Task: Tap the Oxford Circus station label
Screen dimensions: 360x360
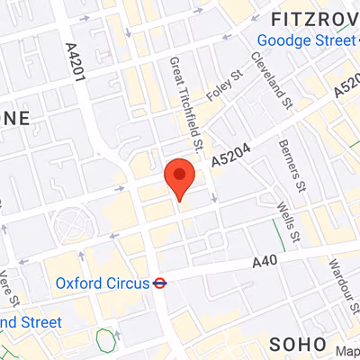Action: pyautogui.click(x=102, y=283)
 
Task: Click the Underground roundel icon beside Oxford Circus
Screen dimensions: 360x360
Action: pyautogui.click(x=159, y=283)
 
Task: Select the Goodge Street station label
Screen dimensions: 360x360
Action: pyautogui.click(x=307, y=40)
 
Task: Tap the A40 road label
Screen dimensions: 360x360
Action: pyautogui.click(x=264, y=262)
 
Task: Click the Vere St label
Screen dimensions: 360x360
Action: pyautogui.click(x=6, y=286)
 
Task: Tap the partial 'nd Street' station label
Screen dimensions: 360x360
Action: pyautogui.click(x=31, y=322)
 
